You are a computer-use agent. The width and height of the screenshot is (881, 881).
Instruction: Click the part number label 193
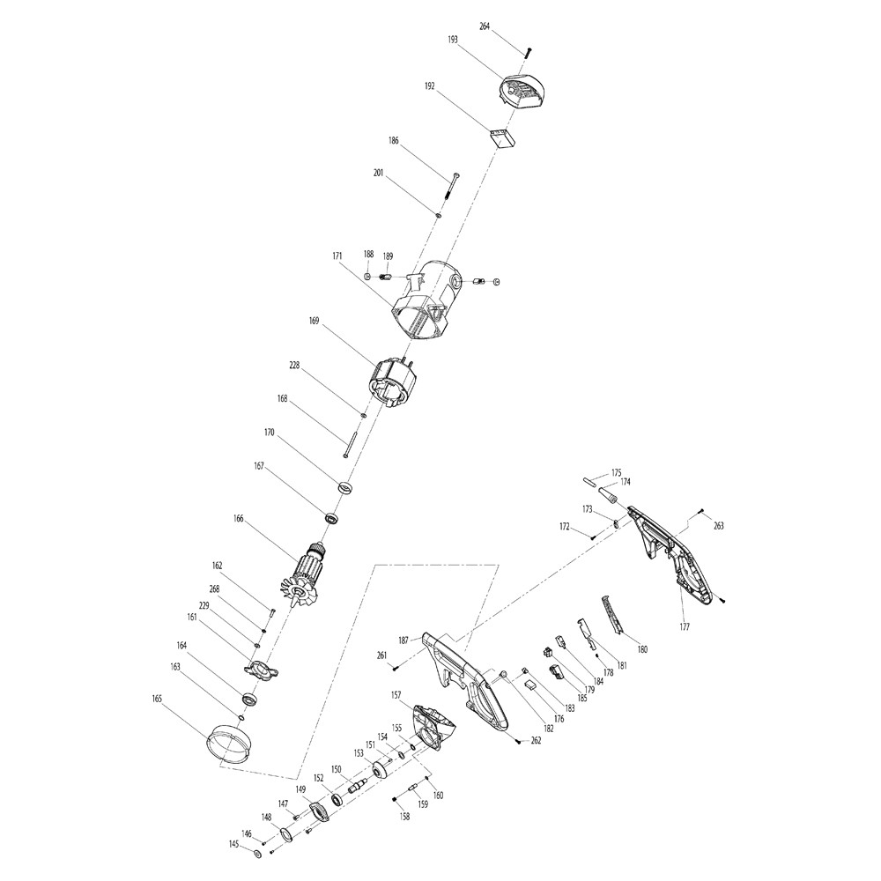[x=453, y=40]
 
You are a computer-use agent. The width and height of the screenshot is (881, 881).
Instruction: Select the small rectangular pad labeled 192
[x=502, y=139]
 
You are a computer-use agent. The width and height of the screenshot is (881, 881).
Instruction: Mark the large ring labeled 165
[x=230, y=743]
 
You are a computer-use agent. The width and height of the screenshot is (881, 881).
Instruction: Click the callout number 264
[x=485, y=26]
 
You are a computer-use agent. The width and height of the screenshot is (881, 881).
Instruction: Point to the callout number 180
[x=642, y=649]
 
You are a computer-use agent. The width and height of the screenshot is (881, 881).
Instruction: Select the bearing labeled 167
[x=333, y=517]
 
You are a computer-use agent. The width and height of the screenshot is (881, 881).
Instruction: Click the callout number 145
[x=233, y=844]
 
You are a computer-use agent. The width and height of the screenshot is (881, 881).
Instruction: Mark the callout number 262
[x=536, y=741]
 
